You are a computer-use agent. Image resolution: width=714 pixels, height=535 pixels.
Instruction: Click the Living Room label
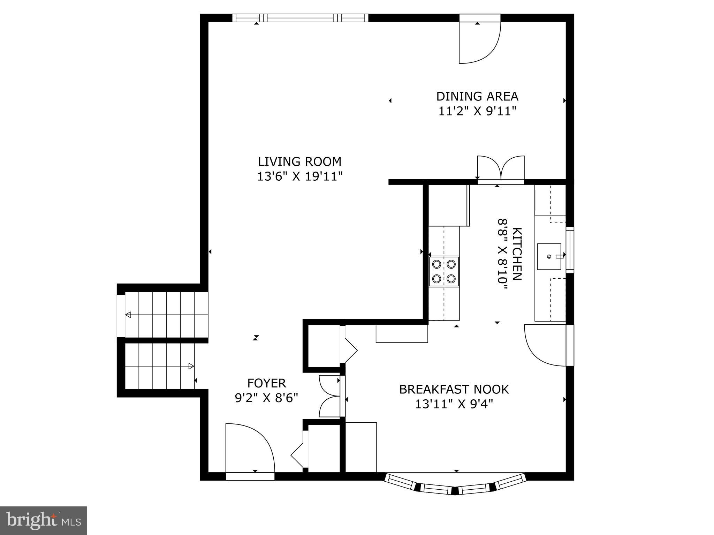coord(299,162)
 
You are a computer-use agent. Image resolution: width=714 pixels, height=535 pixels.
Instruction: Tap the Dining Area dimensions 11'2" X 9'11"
coord(477,111)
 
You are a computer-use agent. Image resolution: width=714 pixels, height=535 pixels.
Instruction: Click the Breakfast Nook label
coord(454,389)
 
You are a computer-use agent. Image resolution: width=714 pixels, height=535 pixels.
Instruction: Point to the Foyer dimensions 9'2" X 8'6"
coord(266,398)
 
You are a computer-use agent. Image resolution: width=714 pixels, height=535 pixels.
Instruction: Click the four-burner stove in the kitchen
coord(444,271)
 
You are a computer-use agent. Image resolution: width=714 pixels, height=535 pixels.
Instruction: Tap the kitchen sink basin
coord(549,257)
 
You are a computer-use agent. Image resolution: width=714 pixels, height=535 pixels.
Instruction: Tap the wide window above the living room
coord(300,18)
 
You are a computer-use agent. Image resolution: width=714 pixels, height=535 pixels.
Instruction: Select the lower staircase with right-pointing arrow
coord(159,366)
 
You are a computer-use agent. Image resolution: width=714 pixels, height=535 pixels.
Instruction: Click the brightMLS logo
coord(43,520)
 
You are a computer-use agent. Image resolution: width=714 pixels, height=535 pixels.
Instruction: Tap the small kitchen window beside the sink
coord(570,250)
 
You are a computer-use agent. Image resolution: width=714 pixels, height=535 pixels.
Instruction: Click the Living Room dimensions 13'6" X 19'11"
coord(299,177)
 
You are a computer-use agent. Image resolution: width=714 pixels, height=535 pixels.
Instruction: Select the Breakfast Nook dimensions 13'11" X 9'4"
coord(454,404)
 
